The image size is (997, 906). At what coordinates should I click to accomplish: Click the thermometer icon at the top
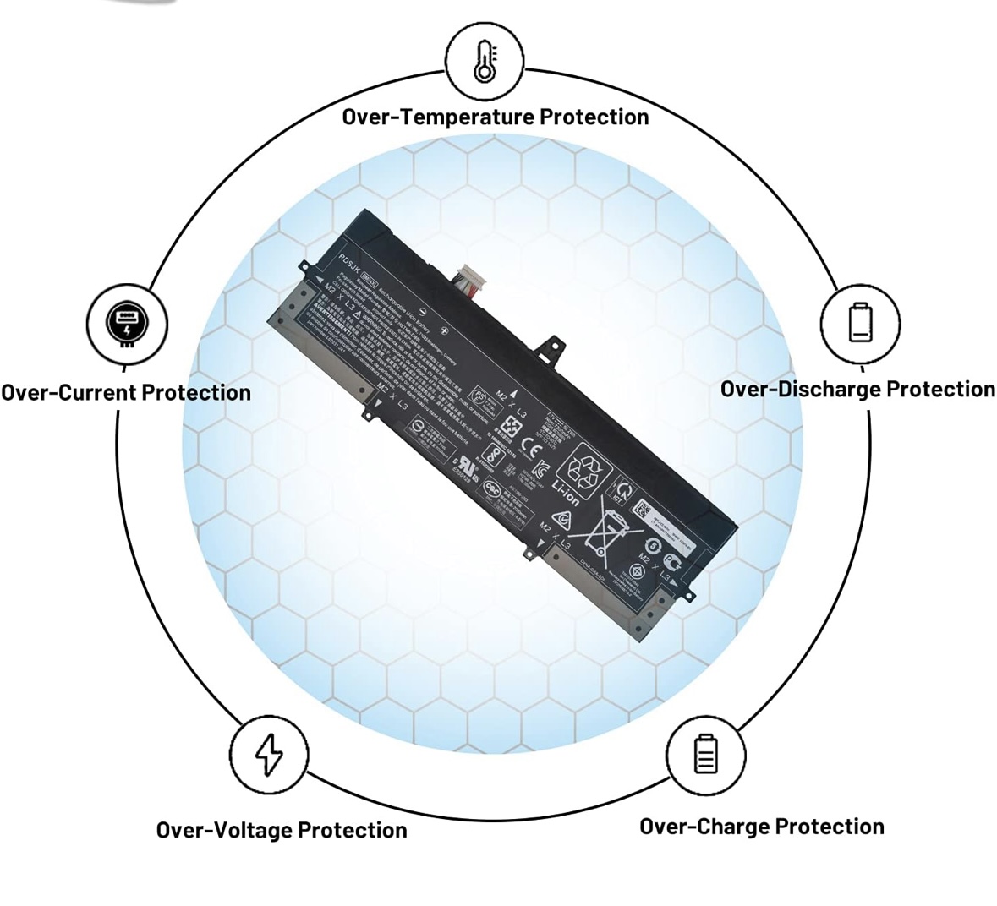click(485, 62)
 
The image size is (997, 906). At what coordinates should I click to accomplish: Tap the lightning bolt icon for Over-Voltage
click(269, 754)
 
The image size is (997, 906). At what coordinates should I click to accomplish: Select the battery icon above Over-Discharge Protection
click(860, 322)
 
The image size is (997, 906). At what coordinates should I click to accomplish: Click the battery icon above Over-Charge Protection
click(705, 754)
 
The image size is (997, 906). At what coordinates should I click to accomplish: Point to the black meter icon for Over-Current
click(127, 323)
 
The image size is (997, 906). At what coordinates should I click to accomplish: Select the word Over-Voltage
click(224, 830)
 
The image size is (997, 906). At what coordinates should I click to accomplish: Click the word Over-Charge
click(704, 827)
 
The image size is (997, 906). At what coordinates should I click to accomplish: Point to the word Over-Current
click(68, 393)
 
